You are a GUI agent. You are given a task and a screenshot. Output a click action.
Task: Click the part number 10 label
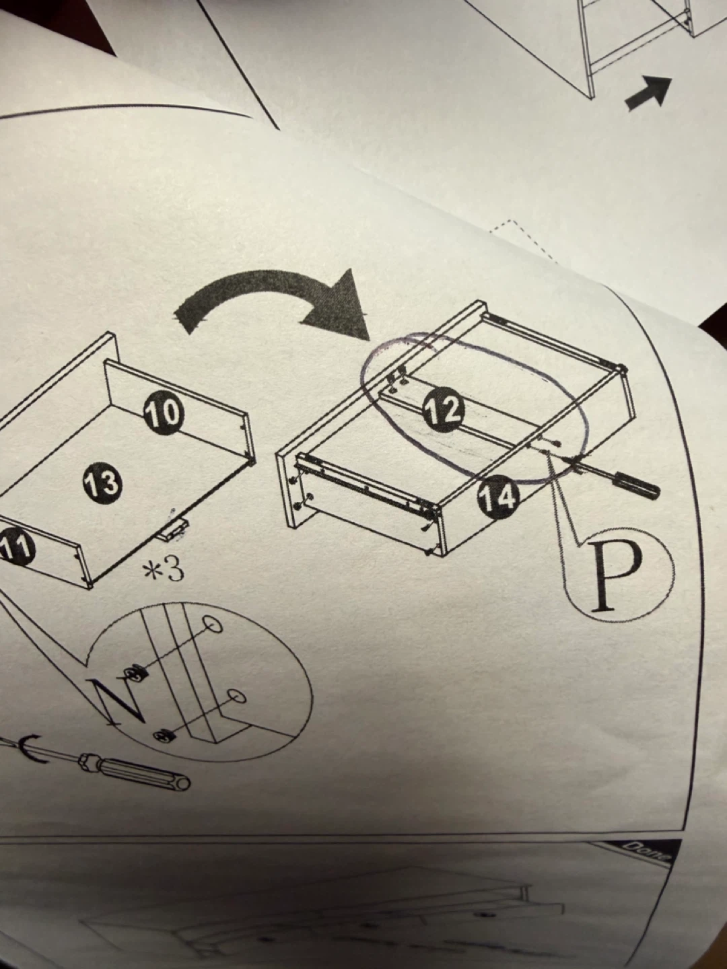click(164, 413)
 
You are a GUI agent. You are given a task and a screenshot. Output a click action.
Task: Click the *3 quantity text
click(163, 569)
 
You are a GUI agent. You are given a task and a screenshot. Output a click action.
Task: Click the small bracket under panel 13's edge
click(174, 528)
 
